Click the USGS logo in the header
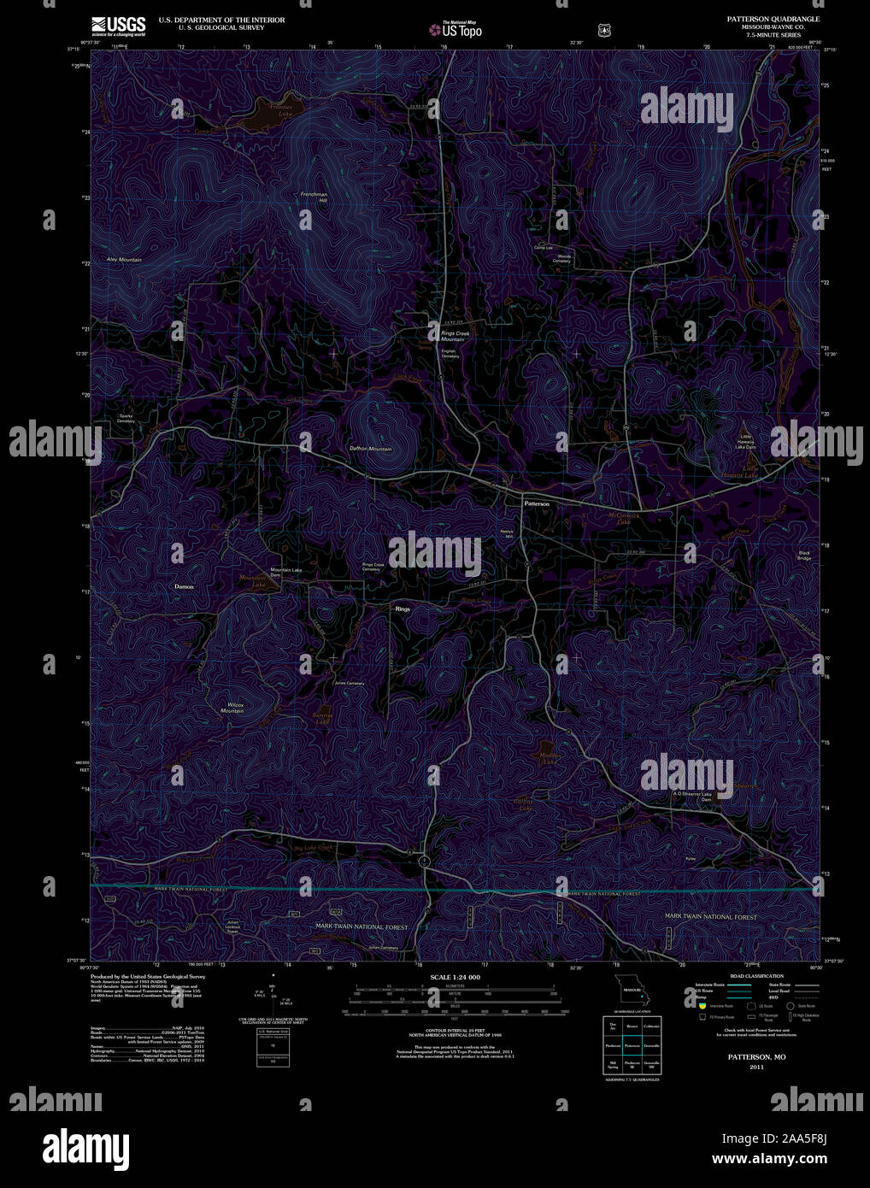(x=118, y=26)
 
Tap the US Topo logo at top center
(x=456, y=30)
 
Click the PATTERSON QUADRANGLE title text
(x=773, y=19)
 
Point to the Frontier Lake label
(x=280, y=110)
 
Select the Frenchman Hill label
(x=314, y=197)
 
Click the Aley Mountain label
(x=124, y=259)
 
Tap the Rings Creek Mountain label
(x=453, y=336)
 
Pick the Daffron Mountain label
(x=370, y=449)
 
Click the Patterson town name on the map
(x=537, y=504)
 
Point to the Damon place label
(x=184, y=587)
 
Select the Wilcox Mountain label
(x=234, y=708)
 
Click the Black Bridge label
(x=804, y=556)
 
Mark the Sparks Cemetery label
(x=126, y=419)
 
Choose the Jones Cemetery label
(x=349, y=683)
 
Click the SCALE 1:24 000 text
(x=456, y=977)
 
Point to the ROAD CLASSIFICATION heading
(x=756, y=976)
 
